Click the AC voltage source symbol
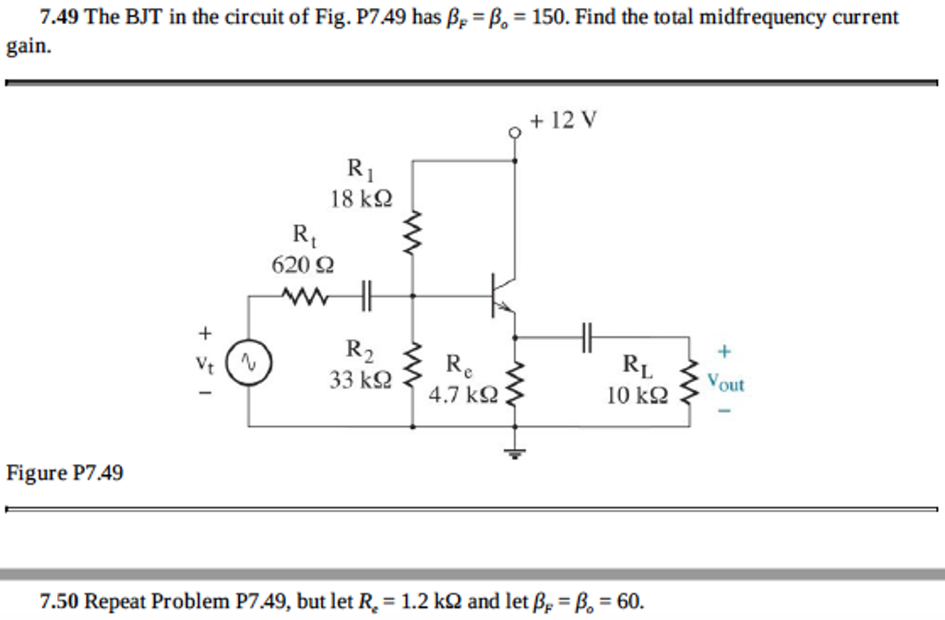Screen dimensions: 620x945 coord(246,361)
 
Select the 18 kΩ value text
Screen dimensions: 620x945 coord(361,198)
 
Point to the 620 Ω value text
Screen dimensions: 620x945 coord(303,266)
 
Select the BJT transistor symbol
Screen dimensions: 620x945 coord(502,295)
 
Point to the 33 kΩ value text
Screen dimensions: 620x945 coord(361,379)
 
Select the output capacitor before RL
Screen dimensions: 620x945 coord(586,338)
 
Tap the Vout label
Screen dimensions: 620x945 coord(725,380)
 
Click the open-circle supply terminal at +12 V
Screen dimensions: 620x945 coord(514,132)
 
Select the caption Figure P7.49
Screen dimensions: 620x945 coord(65,473)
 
